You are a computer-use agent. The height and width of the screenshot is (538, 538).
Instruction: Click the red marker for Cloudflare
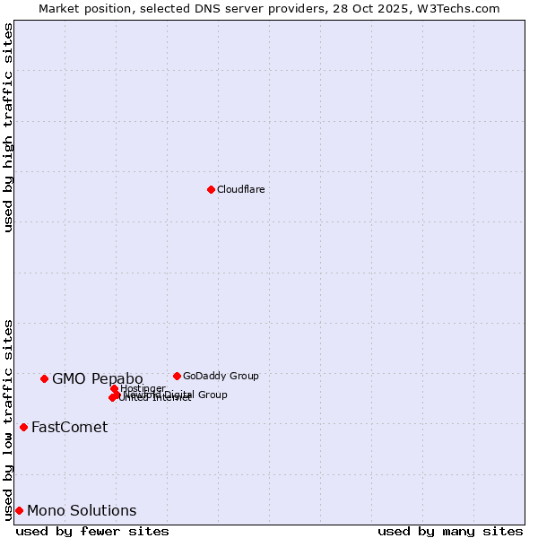[211, 189]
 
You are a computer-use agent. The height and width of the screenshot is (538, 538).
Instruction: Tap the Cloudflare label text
[240, 189]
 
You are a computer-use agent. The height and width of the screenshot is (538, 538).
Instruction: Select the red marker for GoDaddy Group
[177, 376]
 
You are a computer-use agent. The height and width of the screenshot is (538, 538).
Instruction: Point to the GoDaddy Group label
[221, 376]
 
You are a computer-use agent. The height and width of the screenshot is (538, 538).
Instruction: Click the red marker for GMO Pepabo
[44, 378]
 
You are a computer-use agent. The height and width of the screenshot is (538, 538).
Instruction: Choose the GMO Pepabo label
[97, 378]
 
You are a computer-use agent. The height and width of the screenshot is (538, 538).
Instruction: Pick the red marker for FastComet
[23, 427]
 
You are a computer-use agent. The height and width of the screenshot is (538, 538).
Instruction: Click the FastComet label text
[69, 427]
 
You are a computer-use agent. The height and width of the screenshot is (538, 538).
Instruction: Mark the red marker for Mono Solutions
[19, 510]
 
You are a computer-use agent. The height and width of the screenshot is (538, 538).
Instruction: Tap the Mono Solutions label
[82, 511]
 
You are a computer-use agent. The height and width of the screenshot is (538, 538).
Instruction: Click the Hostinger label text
[143, 388]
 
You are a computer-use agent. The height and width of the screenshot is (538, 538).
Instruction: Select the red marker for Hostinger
[114, 388]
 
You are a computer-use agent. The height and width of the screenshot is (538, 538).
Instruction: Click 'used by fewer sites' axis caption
[92, 531]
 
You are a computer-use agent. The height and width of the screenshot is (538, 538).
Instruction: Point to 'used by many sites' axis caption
[450, 531]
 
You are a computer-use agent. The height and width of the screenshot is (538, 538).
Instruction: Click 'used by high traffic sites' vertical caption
[8, 127]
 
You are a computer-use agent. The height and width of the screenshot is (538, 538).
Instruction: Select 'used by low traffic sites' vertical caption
[8, 419]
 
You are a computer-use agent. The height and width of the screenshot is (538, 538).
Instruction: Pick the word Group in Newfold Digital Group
[212, 395]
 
